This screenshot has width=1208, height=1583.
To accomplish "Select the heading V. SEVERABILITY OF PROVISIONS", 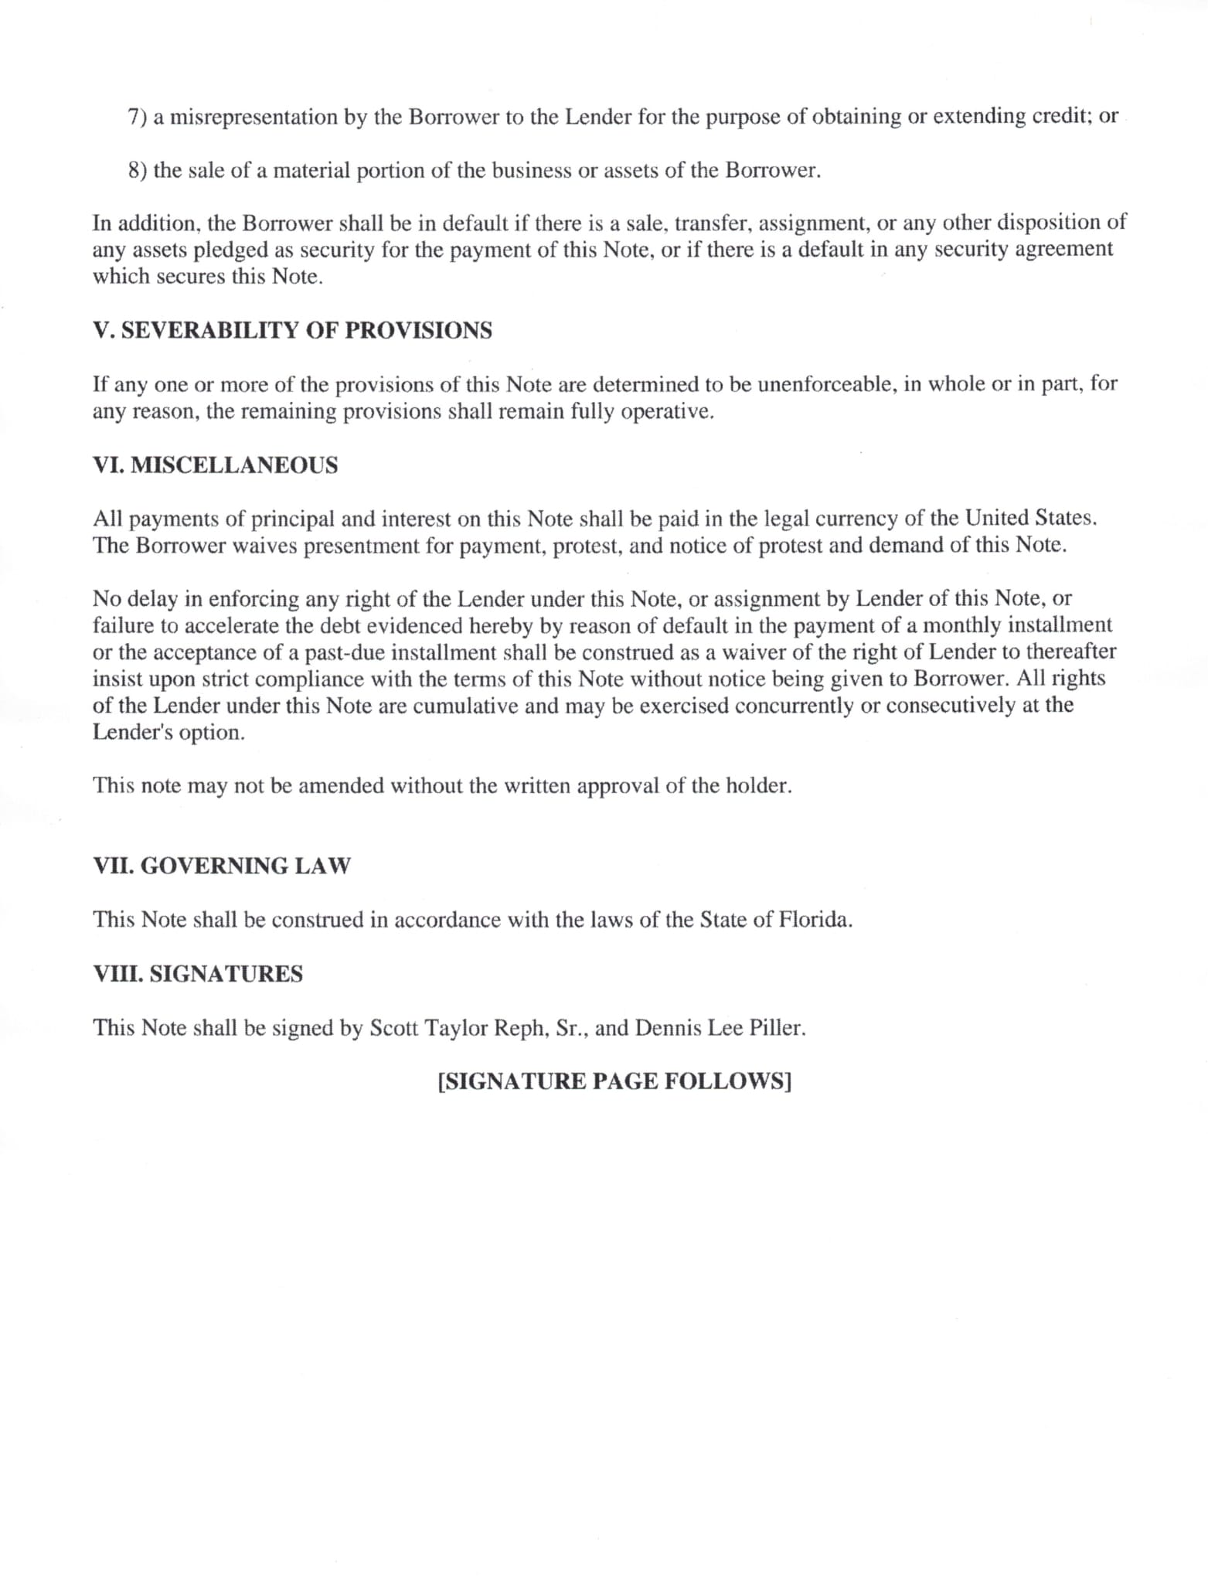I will click(x=292, y=330).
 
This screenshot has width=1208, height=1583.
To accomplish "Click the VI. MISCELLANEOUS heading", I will click(x=215, y=465).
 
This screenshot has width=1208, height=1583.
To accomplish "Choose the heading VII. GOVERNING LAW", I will click(x=221, y=866).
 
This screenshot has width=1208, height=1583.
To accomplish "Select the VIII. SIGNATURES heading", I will click(x=198, y=974).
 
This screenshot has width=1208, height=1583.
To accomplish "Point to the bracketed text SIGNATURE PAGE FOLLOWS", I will click(x=614, y=1081).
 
